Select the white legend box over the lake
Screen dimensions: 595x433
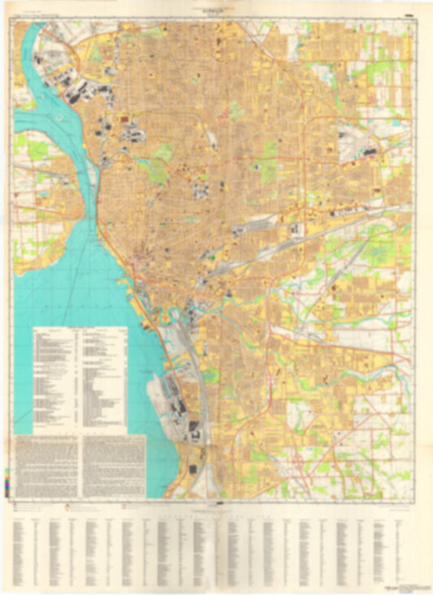[x=80, y=378]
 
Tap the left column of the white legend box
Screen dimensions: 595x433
[x=57, y=378]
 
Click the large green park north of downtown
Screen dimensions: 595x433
[x=162, y=153]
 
